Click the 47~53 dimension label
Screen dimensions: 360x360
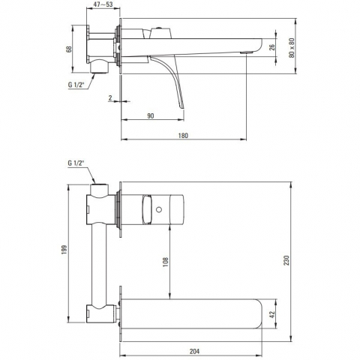[103, 4]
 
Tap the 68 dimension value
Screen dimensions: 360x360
[69, 49]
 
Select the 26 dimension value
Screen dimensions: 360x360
[272, 47]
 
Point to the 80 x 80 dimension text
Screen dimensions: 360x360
[292, 48]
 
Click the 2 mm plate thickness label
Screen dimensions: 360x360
[110, 98]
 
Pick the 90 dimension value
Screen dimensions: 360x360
[151, 116]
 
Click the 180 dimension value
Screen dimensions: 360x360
[183, 136]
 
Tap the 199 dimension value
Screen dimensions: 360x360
[64, 250]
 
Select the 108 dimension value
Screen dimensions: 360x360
[166, 262]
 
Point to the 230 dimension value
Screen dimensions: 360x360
[286, 260]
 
